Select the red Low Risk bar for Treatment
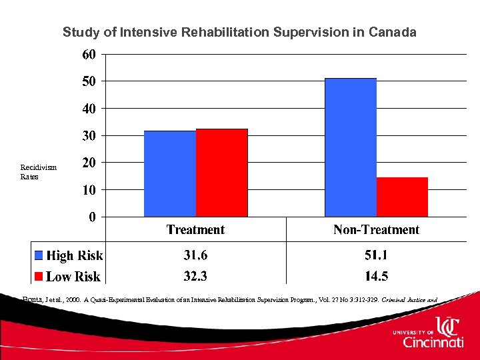coord(222,173)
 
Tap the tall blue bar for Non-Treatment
coord(351,147)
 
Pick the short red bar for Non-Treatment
coord(402,197)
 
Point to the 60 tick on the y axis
coord(89,55)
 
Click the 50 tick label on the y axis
coord(89,81)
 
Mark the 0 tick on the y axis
coord(92,217)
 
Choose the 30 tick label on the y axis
coord(89,136)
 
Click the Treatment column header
coord(195,230)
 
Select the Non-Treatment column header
coord(376,230)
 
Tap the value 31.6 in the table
coord(195,255)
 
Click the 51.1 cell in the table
coord(376,255)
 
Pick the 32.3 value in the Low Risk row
coord(195,275)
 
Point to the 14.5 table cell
coord(376,275)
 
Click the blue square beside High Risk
coord(39,255)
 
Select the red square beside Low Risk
coord(39,276)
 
